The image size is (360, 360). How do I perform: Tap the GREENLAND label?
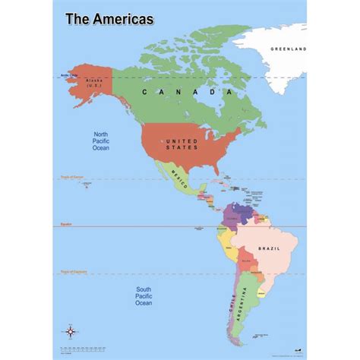(x=288, y=49)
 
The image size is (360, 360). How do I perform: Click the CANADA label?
(x=186, y=91)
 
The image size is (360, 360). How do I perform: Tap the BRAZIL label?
(x=270, y=249)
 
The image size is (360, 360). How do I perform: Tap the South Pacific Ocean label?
(x=144, y=296)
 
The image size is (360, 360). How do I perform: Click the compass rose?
(x=71, y=331)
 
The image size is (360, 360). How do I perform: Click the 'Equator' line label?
(x=66, y=225)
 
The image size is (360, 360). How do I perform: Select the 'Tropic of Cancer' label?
(x=71, y=178)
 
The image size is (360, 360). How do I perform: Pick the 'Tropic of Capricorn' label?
(x=71, y=273)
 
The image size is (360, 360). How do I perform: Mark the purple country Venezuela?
(x=243, y=209)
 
